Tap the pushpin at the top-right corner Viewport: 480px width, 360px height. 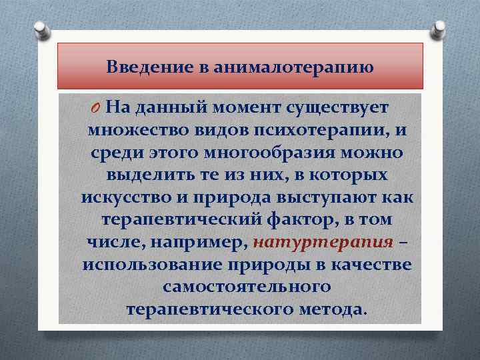[440, 29]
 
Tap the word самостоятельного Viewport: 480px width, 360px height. [247, 287]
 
